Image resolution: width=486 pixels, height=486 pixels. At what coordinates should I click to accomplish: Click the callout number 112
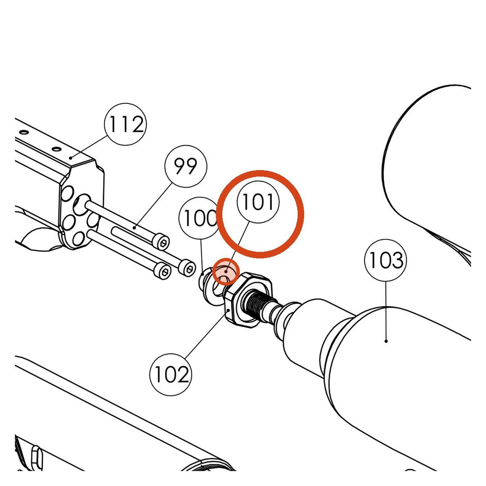[x=125, y=124]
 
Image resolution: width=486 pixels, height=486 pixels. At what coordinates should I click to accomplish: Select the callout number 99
[x=185, y=166]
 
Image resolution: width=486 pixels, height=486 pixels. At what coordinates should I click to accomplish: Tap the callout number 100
[x=200, y=218]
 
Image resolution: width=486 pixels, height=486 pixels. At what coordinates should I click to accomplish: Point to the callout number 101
[x=258, y=202]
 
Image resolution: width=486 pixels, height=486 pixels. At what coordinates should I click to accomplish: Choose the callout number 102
[x=171, y=374]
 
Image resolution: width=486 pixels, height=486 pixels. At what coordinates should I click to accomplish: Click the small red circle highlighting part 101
[x=226, y=271]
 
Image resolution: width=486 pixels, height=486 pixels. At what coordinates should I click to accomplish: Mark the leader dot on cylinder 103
[x=386, y=341]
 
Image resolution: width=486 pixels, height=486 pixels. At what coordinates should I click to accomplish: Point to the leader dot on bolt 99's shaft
[x=134, y=228]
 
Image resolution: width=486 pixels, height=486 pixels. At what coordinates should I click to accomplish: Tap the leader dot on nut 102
[x=229, y=310]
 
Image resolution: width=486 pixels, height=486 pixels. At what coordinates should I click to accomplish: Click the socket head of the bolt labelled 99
[x=162, y=242]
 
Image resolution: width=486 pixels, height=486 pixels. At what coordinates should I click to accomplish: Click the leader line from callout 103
[x=386, y=311]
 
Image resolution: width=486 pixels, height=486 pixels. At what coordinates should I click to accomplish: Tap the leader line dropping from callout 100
[x=202, y=254]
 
